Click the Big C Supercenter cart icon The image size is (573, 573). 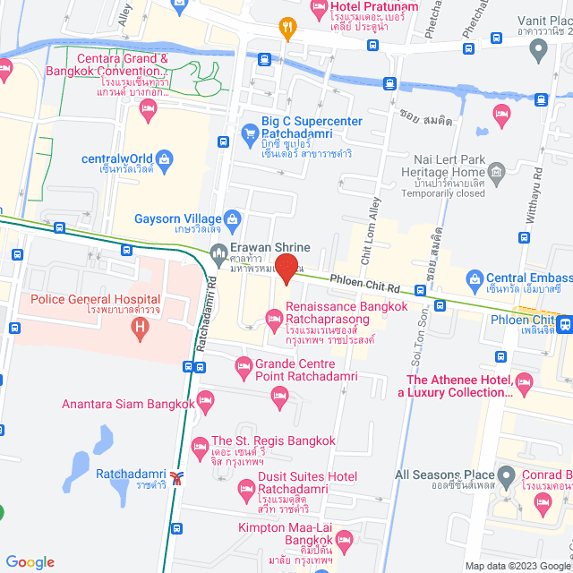250,135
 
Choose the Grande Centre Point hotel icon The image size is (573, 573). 243,365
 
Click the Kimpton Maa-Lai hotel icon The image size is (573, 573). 345,538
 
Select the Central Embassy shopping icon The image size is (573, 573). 474,278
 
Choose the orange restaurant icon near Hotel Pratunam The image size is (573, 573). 286,27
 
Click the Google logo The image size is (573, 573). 30,561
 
